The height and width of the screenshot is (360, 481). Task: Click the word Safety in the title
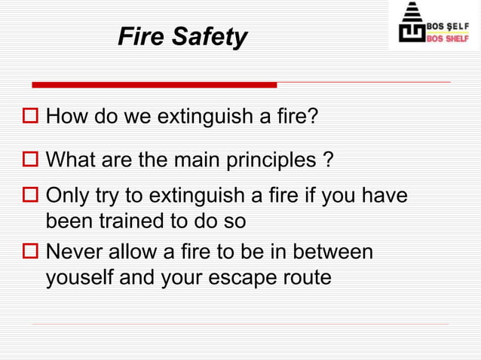tap(209, 36)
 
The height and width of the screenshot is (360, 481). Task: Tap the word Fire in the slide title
tap(140, 36)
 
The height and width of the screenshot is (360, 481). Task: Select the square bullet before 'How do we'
tap(31, 117)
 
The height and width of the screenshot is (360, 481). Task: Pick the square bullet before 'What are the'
tap(31, 160)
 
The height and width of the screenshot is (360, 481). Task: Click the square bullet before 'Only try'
tap(31, 197)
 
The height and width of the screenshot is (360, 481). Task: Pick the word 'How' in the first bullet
tap(67, 117)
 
